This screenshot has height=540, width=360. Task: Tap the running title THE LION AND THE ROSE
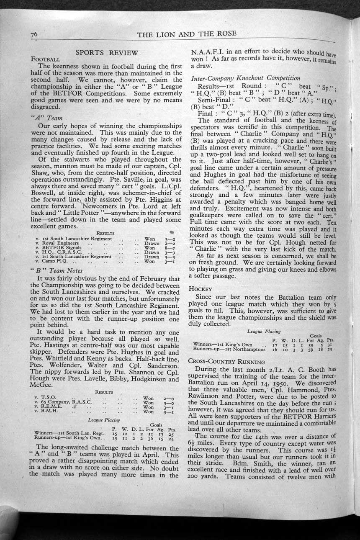pos(186,34)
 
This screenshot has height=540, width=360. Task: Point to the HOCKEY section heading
pos(201,288)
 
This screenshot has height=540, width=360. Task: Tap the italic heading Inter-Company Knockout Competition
pos(245,78)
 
